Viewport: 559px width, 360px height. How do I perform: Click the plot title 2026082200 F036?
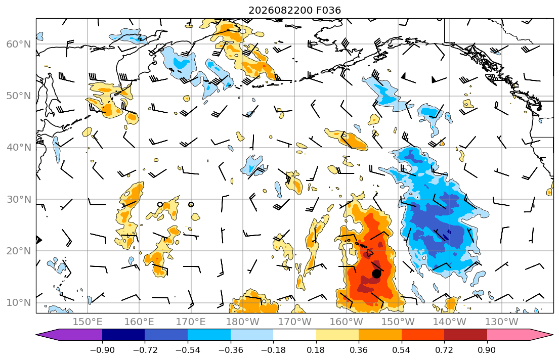[x=294, y=10]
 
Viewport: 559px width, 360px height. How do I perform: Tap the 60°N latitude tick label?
[x=19, y=44]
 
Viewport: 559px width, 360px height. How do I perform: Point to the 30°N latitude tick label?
[x=19, y=199]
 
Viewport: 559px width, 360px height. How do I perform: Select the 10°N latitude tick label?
[x=19, y=303]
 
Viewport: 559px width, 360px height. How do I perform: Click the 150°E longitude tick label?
[x=88, y=322]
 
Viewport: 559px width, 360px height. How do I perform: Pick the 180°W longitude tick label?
[x=243, y=322]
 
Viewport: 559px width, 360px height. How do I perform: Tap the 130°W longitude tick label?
[x=502, y=322]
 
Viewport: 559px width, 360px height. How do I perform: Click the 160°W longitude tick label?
[x=346, y=322]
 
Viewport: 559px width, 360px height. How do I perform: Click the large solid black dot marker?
[x=376, y=274]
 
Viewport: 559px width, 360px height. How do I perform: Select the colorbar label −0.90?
[x=102, y=350]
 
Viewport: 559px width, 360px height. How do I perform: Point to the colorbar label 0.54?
[x=402, y=350]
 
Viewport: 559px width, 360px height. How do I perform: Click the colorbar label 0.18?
[x=316, y=350]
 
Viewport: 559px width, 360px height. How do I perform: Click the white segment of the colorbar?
[x=294, y=335]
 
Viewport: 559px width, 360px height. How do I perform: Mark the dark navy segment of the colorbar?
[x=123, y=335]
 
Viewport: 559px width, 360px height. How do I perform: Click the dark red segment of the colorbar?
[x=465, y=335]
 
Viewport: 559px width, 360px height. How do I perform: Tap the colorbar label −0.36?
[x=231, y=350]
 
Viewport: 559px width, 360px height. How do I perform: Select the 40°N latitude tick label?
[x=19, y=148]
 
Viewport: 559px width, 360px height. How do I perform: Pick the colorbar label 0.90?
[x=487, y=350]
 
